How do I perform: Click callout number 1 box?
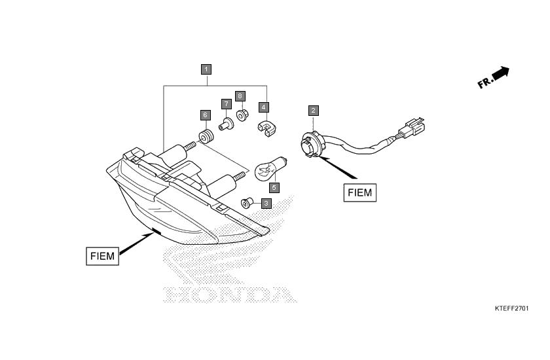tap(206, 69)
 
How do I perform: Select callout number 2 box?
tap(313, 111)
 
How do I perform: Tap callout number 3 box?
tap(266, 204)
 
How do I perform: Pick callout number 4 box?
tap(264, 107)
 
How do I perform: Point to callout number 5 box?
tap(274, 188)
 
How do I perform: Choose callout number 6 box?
tap(205, 115)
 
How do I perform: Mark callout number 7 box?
tap(227, 104)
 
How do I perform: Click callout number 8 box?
tap(240, 96)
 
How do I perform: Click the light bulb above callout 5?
tap(271, 168)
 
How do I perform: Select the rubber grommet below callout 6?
tap(206, 136)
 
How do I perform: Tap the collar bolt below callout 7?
tap(227, 124)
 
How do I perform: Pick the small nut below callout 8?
tap(242, 115)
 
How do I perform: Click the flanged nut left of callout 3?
tap(247, 203)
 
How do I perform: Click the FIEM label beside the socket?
tap(360, 192)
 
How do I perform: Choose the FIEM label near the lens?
tap(102, 256)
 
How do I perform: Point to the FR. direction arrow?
tap(494, 77)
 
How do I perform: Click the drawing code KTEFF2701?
tap(511, 308)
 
